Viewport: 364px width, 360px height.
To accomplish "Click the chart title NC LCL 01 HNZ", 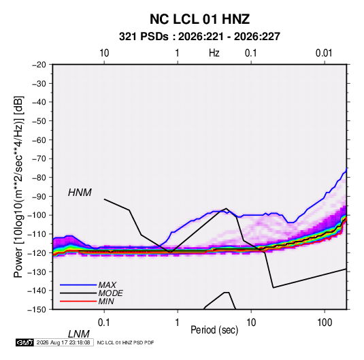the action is pos(199,19).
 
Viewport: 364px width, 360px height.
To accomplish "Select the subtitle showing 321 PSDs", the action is pos(199,37).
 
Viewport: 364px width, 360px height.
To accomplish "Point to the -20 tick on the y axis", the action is pos(39,65).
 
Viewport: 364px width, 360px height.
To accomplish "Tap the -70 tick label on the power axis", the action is pos(39,159).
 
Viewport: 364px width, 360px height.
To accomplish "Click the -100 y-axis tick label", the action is pos(37,215).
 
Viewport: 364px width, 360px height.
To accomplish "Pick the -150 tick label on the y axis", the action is pos(37,310).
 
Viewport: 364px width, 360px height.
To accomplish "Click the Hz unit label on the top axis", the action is pos(214,53).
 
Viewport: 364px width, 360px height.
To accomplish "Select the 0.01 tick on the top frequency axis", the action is pos(324,53).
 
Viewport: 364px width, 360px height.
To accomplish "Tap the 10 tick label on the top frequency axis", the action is pos(104,53).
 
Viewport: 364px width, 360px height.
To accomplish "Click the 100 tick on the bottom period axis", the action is pos(325,323).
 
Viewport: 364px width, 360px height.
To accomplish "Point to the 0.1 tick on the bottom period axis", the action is pos(104,323).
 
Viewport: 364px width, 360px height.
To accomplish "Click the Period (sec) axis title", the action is pos(214,330).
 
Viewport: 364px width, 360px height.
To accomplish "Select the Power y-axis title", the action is pos(18,186).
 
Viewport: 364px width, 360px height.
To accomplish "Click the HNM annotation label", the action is pos(80,193).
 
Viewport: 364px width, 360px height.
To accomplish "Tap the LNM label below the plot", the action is pos(79,334).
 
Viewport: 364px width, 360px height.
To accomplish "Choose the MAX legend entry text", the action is pos(107,284).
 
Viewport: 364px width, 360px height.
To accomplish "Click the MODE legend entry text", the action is pos(110,293).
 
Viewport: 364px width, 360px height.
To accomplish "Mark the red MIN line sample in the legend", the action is pos(78,301).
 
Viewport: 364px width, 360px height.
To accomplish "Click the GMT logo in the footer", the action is pos(24,342).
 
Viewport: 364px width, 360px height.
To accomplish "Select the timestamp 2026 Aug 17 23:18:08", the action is pos(63,342).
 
